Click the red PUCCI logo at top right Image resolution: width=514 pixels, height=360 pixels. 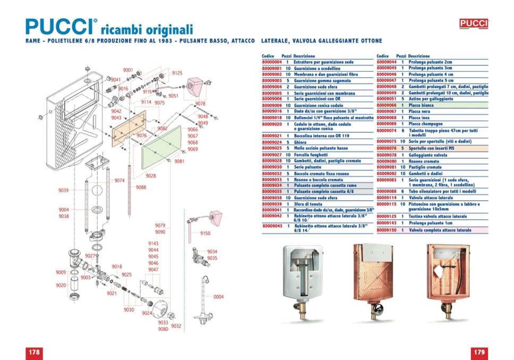(x=474, y=23)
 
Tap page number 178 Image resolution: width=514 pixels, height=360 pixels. (x=35, y=352)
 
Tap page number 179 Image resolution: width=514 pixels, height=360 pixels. (x=479, y=352)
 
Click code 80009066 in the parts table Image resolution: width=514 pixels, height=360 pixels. (x=386, y=106)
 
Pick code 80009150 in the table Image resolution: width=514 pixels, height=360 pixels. (x=386, y=230)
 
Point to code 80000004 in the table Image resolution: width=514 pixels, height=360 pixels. (x=271, y=62)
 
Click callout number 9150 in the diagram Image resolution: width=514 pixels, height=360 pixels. (x=205, y=233)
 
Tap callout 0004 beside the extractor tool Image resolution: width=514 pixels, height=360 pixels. (x=219, y=297)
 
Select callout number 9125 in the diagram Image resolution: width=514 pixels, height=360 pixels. (x=177, y=73)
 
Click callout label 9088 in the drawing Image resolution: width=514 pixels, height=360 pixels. (x=141, y=187)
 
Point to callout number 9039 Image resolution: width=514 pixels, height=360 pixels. (x=63, y=190)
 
